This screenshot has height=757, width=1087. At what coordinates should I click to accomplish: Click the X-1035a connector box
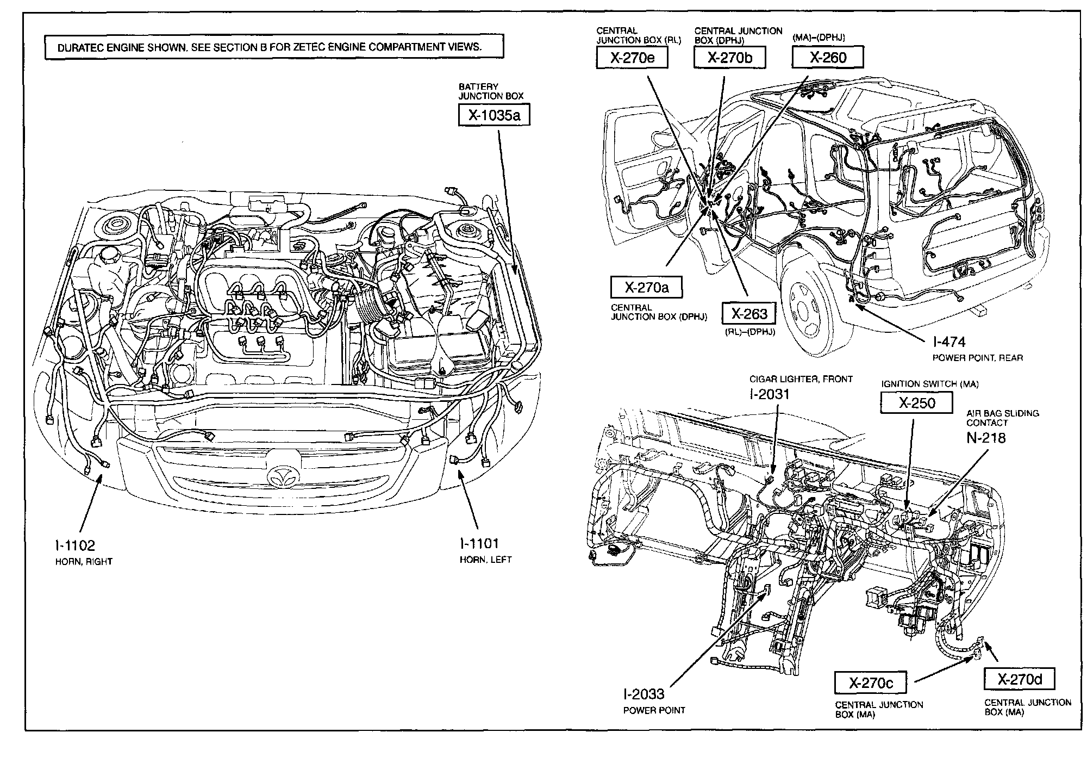[x=493, y=115]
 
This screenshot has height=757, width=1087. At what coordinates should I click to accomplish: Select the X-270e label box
[x=632, y=58]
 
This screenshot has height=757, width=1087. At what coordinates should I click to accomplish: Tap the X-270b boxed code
[x=729, y=58]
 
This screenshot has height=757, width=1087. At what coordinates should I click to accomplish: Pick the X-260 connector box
[x=827, y=58]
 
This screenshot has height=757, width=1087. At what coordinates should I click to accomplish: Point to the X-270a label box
[x=646, y=287]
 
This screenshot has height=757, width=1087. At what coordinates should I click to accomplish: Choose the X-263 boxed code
[x=748, y=313]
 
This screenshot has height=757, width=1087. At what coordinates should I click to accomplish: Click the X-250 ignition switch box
[x=916, y=403]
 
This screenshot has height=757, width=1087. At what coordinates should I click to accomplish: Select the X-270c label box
[x=871, y=682]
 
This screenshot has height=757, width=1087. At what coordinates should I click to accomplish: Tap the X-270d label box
[x=1019, y=679]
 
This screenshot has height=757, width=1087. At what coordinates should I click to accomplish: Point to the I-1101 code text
[x=479, y=543]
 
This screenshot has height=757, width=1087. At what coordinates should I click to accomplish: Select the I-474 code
[x=949, y=342]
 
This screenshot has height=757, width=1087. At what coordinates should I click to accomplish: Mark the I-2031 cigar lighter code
[x=769, y=394]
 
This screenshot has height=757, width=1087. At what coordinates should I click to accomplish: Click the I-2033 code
[x=644, y=694]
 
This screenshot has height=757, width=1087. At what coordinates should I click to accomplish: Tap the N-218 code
[x=986, y=437]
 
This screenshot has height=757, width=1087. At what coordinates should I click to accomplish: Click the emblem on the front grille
[x=281, y=475]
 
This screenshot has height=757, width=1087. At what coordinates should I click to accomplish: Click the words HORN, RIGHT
[x=84, y=561]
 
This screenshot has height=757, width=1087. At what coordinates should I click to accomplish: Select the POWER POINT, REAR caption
[x=978, y=358]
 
